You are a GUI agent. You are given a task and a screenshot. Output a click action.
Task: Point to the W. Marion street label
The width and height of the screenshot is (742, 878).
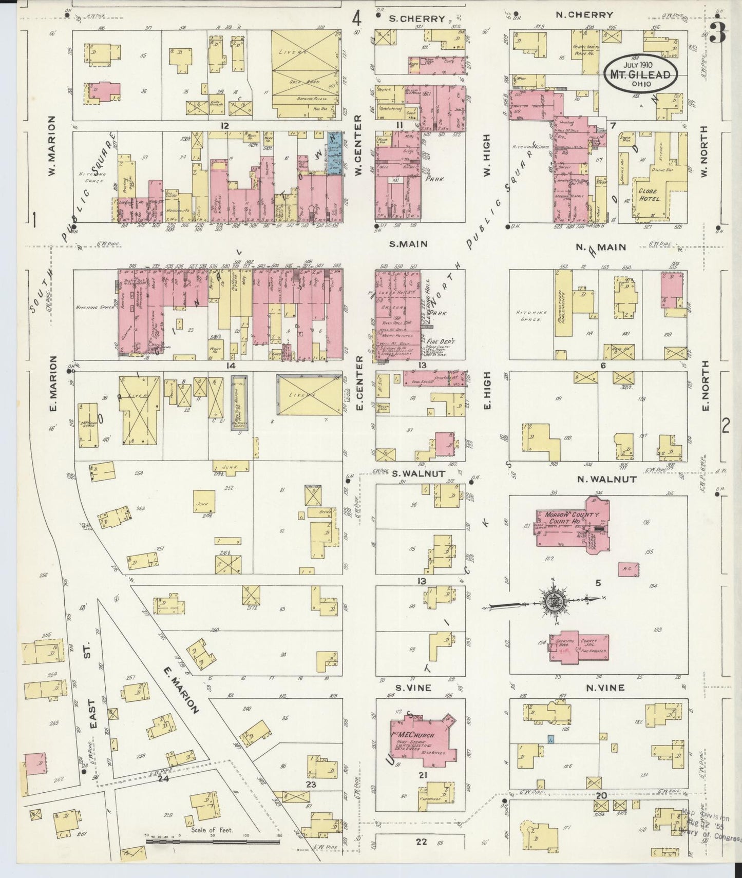[52, 146]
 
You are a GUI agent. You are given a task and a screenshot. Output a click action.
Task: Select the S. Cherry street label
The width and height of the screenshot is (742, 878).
[416, 18]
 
